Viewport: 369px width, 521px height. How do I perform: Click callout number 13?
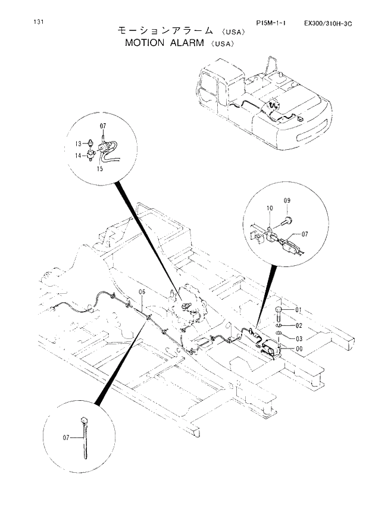click(78, 143)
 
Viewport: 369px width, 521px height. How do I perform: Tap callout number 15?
click(100, 169)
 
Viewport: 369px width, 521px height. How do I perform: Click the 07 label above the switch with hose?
click(102, 126)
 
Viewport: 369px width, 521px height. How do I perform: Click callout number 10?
click(269, 208)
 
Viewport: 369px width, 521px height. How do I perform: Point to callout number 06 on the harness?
click(142, 291)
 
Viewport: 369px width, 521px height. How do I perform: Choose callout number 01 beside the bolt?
click(298, 310)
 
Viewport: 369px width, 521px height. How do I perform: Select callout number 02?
click(298, 325)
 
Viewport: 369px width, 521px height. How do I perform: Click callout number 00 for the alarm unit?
click(298, 349)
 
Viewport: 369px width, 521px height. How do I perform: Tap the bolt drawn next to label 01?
click(280, 312)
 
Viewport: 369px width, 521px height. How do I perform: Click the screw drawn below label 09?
click(287, 221)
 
